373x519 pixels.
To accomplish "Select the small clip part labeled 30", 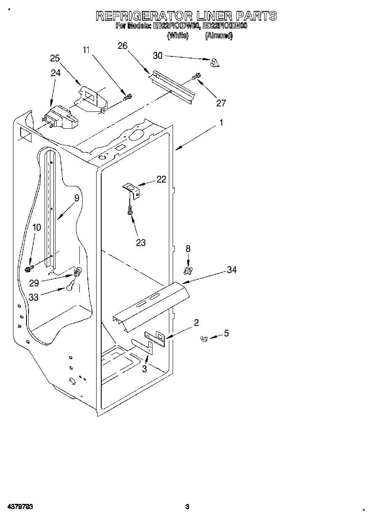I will click(215, 63).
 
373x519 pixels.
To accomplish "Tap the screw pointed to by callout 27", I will click(196, 77).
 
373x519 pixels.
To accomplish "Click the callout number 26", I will click(123, 45).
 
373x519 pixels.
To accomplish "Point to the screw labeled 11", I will click(127, 98).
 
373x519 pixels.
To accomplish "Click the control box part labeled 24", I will click(61, 118).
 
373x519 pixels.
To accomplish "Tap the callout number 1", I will click(221, 123).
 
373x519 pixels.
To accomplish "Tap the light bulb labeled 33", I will click(70, 288).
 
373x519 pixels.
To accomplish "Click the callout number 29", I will click(34, 283).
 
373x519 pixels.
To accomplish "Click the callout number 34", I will click(231, 270).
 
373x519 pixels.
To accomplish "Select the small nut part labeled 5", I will click(205, 338).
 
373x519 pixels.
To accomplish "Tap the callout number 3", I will click(144, 369).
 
